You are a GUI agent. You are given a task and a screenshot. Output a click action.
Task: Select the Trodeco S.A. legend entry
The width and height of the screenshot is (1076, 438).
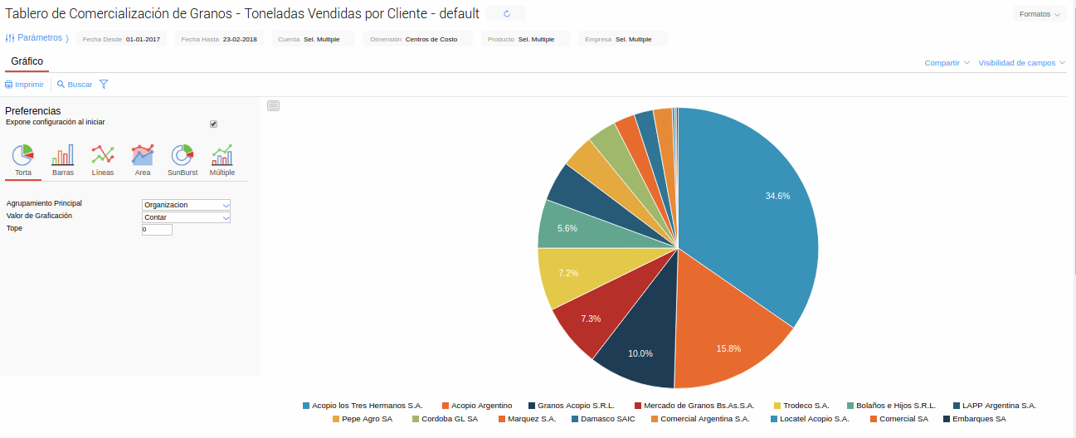coord(806,406)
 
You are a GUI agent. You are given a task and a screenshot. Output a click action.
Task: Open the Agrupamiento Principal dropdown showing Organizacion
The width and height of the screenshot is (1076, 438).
coord(186,205)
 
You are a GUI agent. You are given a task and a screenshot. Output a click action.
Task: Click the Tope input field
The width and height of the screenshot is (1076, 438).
coord(157,229)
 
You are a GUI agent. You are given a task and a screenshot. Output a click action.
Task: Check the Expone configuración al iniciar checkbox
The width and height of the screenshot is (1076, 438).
coord(213,124)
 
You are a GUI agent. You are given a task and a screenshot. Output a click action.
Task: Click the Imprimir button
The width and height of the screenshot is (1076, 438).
coord(25,85)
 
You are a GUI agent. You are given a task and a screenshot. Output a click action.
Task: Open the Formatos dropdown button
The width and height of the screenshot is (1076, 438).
coord(1039,14)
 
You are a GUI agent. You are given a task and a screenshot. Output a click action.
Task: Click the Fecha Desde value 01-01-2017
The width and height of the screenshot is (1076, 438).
coord(143,39)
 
